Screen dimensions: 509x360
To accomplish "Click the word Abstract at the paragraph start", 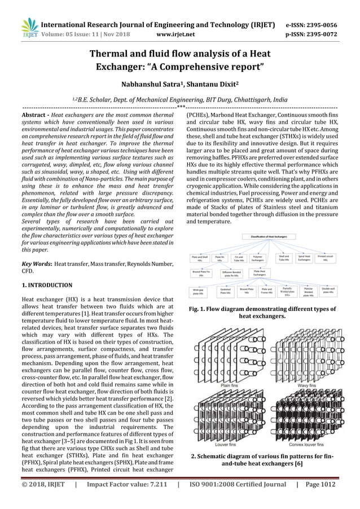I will (33, 115).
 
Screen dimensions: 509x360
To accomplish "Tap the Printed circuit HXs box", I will (325, 258).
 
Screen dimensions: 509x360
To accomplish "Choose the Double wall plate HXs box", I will (329, 291).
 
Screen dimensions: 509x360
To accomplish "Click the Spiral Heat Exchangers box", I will (304, 258).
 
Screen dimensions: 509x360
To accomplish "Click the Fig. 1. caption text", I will (261, 313).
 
